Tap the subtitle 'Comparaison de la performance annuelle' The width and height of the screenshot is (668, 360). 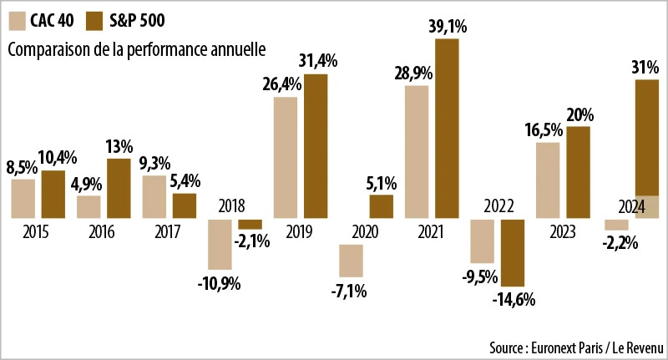[136, 48]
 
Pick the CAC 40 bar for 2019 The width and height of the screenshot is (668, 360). [285, 158]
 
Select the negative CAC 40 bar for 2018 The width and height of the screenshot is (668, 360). [220, 245]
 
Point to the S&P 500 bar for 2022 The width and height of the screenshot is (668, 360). [512, 253]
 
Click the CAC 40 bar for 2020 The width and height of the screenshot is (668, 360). [351, 260]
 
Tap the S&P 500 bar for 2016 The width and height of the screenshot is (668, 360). [119, 189]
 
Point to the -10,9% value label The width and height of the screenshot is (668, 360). [220, 284]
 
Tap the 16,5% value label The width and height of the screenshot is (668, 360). [547, 129]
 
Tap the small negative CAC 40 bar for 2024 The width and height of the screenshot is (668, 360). [616, 225]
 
